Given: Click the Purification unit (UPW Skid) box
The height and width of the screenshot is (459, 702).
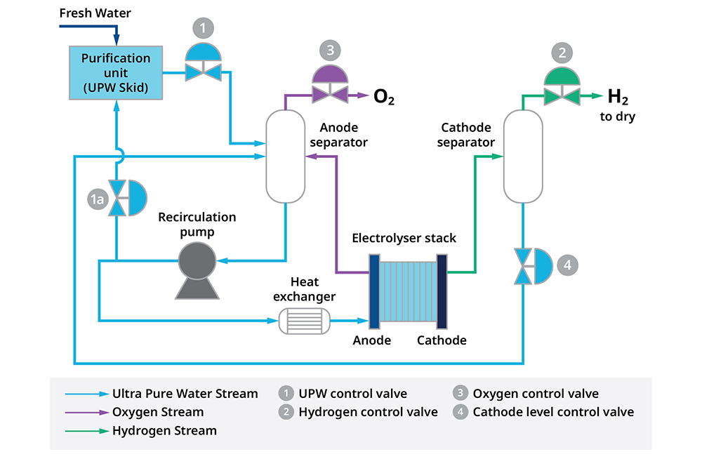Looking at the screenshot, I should tap(116, 72).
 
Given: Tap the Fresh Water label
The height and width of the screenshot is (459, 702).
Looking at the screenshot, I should tap(95, 13).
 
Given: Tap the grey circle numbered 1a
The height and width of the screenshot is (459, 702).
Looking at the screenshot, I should tap(97, 200).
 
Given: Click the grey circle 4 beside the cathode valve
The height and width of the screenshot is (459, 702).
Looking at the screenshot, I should tap(569, 266).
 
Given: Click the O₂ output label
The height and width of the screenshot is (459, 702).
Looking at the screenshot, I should tap(383, 97).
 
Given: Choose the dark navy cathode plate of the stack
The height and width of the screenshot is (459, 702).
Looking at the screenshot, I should tap(442, 291).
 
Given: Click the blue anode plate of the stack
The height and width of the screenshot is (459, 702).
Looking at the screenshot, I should tap(374, 291).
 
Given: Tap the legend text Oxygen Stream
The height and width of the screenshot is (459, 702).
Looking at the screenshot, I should tap(158, 412).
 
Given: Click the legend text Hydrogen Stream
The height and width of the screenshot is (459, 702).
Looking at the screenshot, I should tap(164, 430).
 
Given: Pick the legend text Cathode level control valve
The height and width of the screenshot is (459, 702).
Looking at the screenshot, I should tap(553, 412).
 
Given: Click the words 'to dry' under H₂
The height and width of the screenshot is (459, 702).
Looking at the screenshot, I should tap(617, 117).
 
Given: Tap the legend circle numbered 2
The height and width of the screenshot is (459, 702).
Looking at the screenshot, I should tap(286, 412).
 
